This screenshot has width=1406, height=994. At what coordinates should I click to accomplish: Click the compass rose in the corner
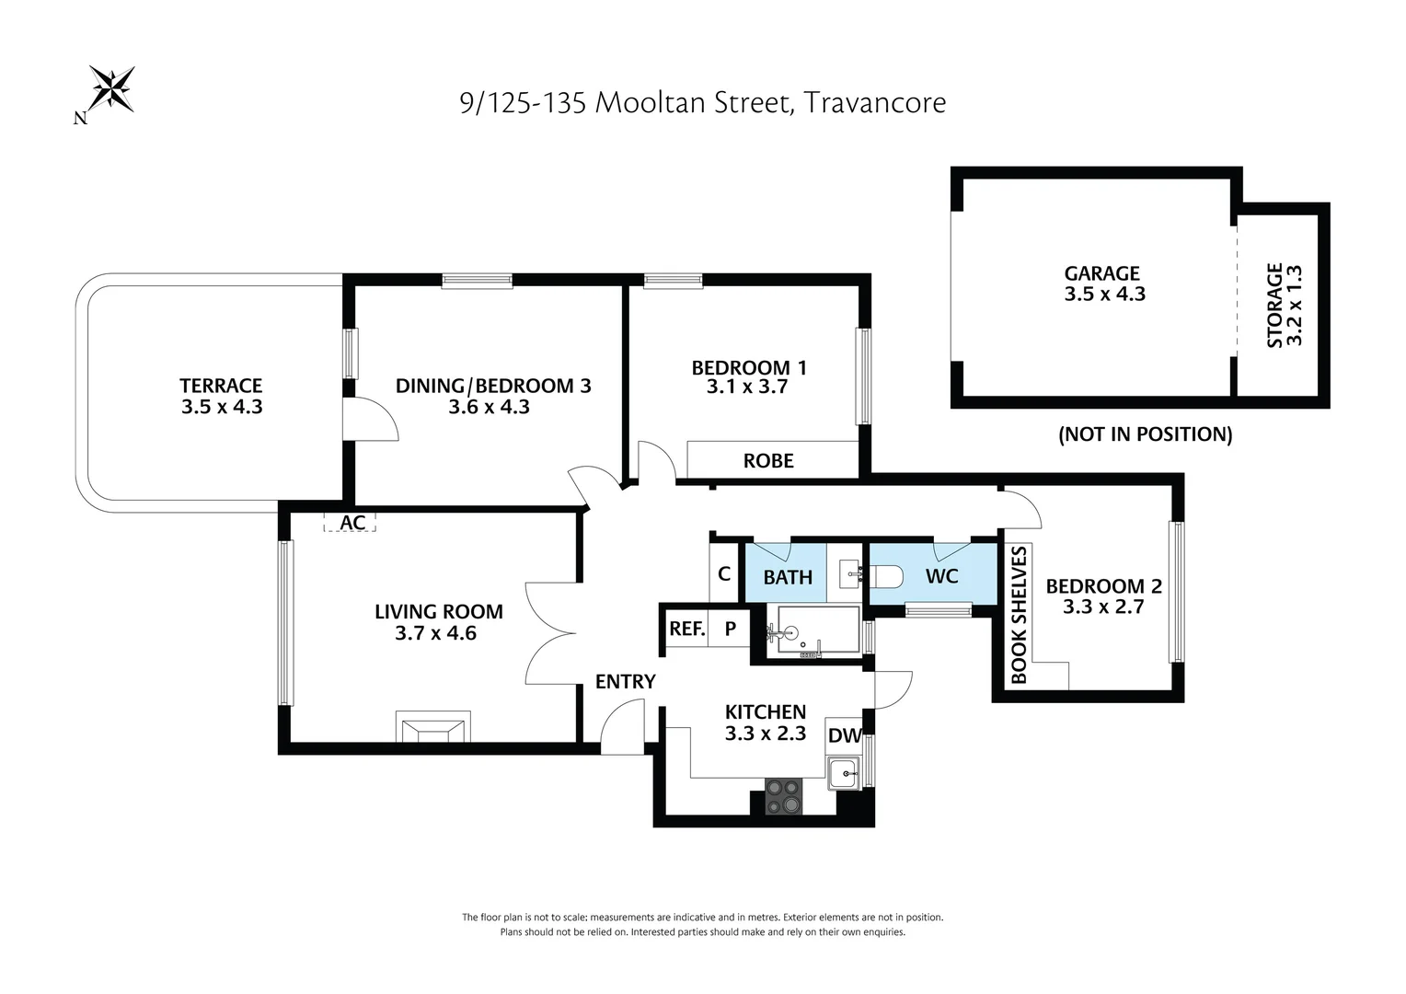coord(111,89)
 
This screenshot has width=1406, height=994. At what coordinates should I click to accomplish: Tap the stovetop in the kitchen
coord(784,796)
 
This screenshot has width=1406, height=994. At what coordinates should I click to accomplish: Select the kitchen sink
coord(843,773)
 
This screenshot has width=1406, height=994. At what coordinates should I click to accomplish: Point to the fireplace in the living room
coord(432,727)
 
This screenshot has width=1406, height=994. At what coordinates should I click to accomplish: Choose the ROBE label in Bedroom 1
coord(767,461)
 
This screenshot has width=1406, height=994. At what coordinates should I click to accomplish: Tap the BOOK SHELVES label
coord(1019,615)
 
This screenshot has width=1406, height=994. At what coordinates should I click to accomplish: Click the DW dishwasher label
coord(845,735)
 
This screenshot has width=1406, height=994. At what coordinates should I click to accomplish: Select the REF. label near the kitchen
coord(686,630)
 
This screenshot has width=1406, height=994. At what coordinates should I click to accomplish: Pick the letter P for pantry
coord(731,630)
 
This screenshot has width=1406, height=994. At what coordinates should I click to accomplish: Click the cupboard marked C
coord(724,574)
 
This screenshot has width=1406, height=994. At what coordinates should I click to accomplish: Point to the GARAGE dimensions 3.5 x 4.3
coord(1104,295)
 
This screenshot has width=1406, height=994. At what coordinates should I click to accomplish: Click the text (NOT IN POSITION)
coord(1145,434)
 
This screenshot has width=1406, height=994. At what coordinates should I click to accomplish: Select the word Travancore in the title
coord(874,102)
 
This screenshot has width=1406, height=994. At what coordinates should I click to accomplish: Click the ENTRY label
coord(625,682)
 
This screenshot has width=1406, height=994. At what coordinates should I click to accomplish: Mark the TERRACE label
coord(221,386)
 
